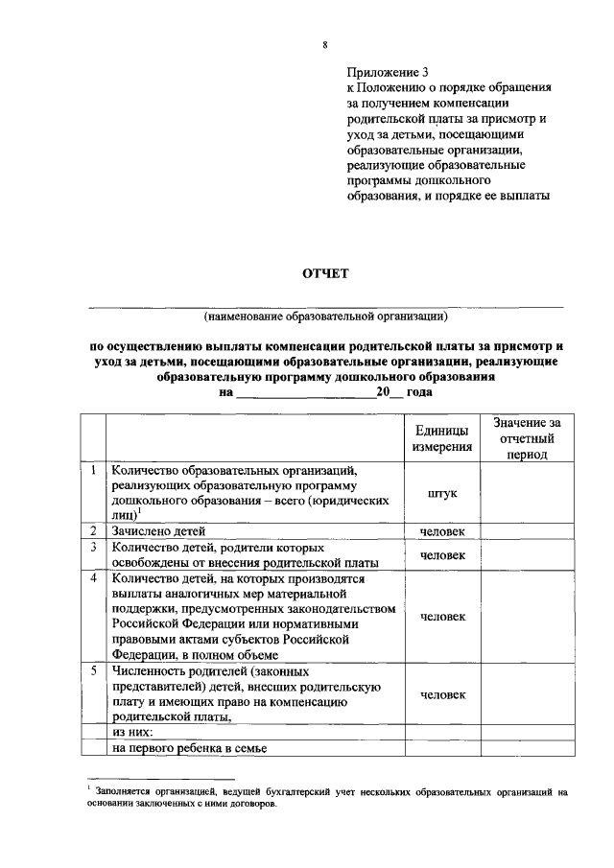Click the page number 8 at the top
tap(325, 44)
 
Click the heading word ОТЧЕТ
tap(326, 274)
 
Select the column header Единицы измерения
tap(442, 438)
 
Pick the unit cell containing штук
tap(442, 493)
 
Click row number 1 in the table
tap(93, 471)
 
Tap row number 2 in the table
tap(93, 530)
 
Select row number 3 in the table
tap(93, 547)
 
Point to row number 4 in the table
tap(93, 578)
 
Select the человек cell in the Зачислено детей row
tap(442, 530)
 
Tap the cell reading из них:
tap(134, 731)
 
